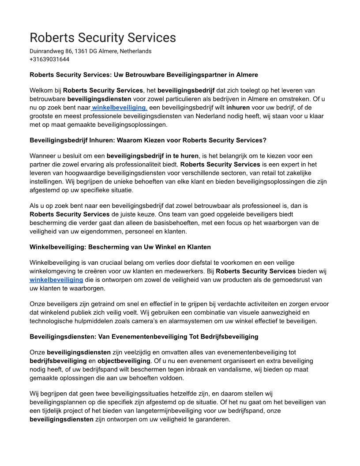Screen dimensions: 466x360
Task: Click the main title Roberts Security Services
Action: click(102, 37)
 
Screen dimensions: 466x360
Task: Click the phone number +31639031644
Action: click(49, 59)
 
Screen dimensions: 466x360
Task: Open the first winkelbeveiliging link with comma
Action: click(119, 107)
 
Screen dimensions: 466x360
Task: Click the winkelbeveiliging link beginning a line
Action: click(56, 279)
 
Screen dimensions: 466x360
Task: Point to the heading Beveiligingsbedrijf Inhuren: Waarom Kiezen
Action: click(148, 140)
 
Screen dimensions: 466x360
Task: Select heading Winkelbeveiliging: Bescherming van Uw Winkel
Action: click(120, 246)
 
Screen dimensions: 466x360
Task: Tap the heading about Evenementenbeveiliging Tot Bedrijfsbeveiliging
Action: click(144, 337)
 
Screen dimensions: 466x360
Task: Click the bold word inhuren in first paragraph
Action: click(238, 107)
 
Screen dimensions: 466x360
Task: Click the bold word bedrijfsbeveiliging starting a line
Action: click(58, 361)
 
